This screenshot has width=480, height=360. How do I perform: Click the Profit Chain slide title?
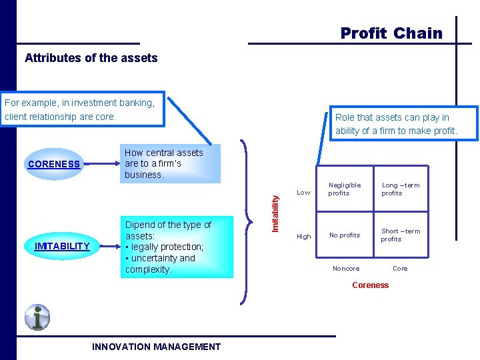coord(391,33)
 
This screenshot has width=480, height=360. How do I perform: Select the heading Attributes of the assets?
coord(91,58)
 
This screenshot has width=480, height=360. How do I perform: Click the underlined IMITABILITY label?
coord(61,246)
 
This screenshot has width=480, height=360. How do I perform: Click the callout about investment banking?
coord(83,109)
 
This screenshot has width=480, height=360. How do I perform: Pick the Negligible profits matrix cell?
coord(344,189)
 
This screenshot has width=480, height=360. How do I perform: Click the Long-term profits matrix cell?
coord(400,189)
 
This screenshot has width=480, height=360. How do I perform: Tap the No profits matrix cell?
coord(344,235)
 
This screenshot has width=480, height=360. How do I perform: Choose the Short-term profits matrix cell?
coord(400,235)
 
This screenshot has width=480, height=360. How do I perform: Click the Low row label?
coord(303,193)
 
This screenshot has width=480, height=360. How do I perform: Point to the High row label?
coord(303,237)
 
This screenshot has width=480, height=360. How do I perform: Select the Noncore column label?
coord(345,269)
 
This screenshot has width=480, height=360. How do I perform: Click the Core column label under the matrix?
coord(400,269)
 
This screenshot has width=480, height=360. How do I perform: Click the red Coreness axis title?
coord(370,285)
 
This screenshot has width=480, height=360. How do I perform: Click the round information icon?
coord(37,317)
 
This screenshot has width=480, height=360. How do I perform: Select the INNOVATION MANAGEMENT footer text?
coord(156,347)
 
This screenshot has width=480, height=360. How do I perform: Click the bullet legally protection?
coord(166,247)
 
